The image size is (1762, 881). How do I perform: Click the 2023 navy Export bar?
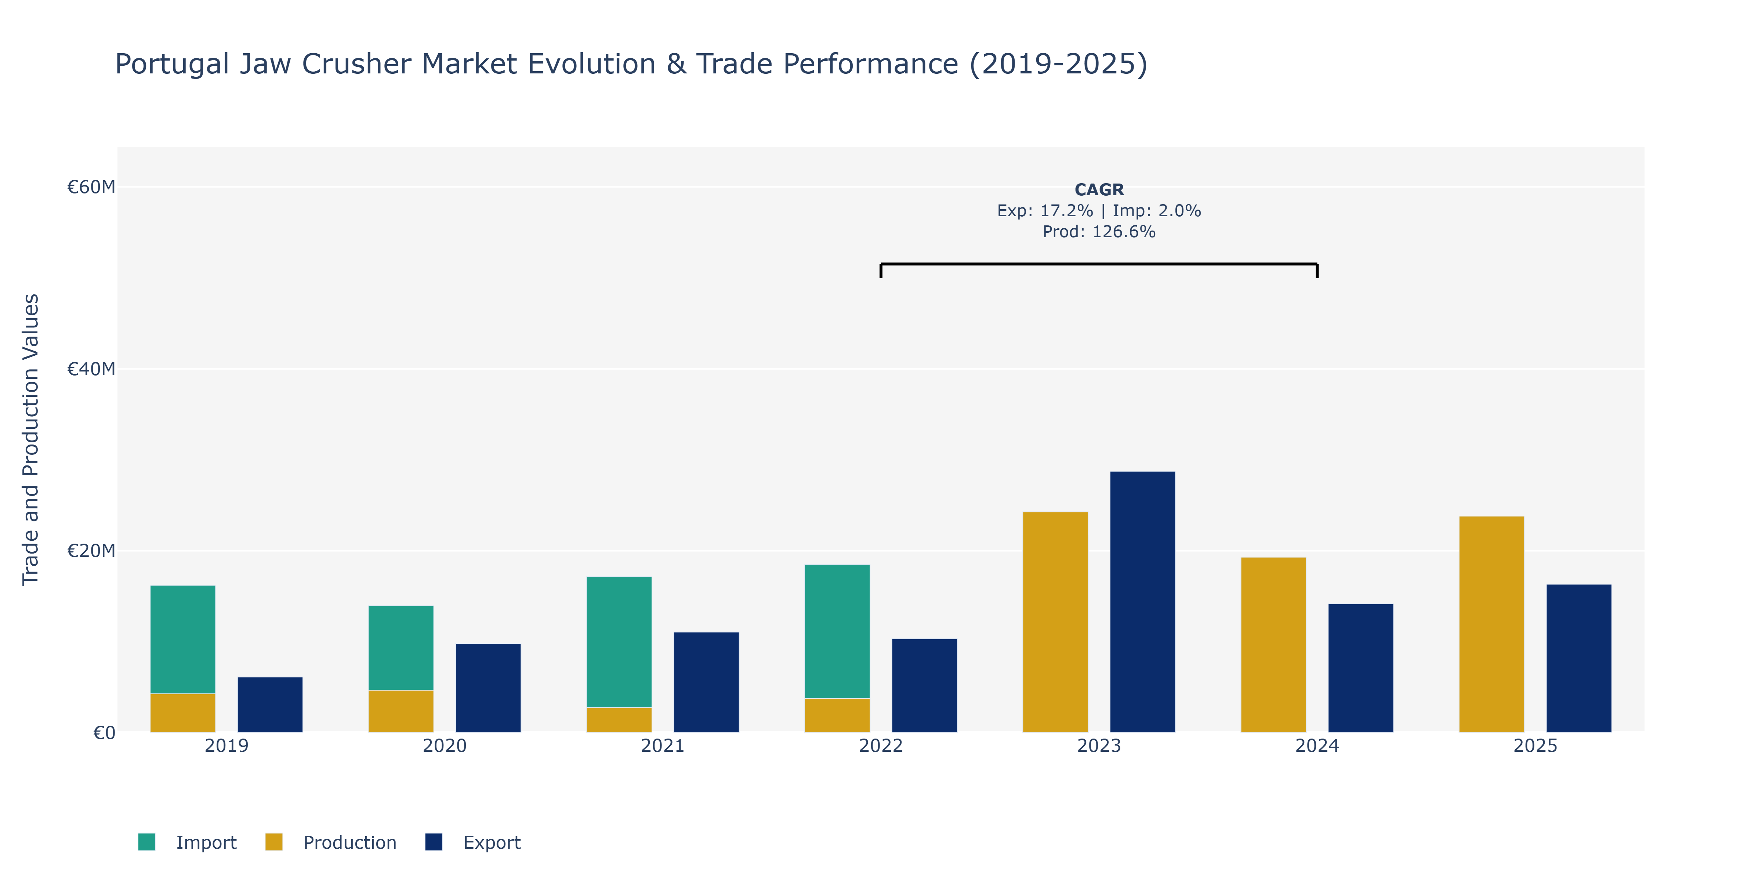click(x=1142, y=602)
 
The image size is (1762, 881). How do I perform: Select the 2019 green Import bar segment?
click(x=183, y=639)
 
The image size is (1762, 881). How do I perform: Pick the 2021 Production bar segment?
click(x=619, y=719)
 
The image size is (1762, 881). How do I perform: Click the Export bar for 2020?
click(x=488, y=688)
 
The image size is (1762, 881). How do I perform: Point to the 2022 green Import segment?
click(x=837, y=631)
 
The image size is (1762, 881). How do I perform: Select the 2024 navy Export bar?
click(x=1360, y=668)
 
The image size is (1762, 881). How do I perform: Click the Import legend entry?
click(x=188, y=842)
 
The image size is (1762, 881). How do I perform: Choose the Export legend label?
click(x=492, y=842)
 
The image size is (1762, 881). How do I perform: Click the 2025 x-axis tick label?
click(x=1535, y=746)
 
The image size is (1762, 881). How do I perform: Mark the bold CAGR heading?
click(x=1099, y=189)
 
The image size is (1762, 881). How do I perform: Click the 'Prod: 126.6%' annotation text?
click(x=1099, y=232)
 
